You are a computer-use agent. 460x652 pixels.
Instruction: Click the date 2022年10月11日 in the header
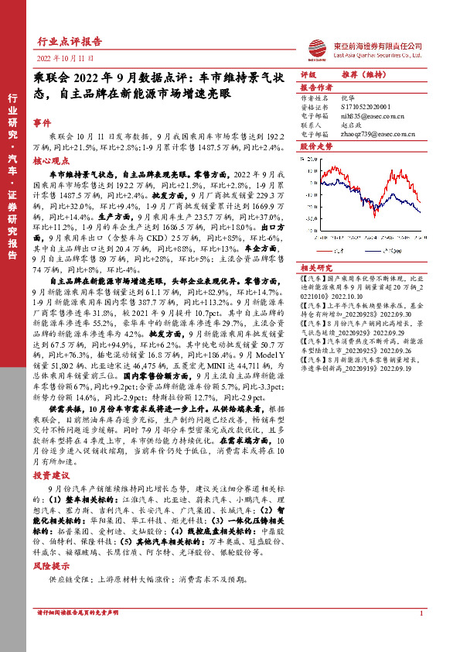[65, 58]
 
